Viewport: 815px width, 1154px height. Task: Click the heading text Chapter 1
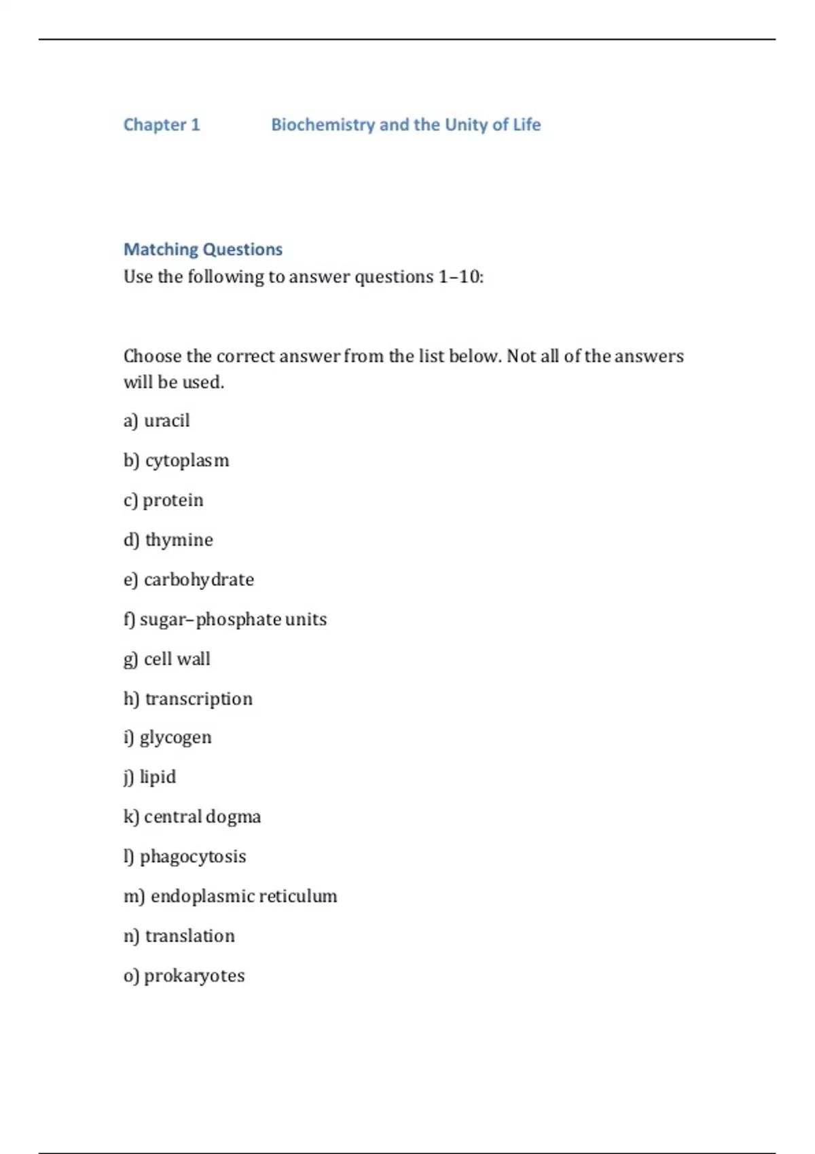coord(162,125)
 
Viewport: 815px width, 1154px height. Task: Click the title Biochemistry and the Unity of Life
coord(405,125)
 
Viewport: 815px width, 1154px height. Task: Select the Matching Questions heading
coord(202,249)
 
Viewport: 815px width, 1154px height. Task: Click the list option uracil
coord(166,421)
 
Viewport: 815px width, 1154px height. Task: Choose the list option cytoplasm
coord(187,461)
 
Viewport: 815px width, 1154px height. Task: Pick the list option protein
coord(173,500)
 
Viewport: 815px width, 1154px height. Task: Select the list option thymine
coord(179,540)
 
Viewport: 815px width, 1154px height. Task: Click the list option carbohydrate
coord(198,580)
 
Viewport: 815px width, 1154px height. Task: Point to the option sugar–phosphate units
coord(233,620)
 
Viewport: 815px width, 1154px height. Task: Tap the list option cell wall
coord(177,659)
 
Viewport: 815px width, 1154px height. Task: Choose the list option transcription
coord(198,699)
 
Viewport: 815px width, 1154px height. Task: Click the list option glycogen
coord(175,738)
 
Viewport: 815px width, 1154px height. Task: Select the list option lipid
coord(158,777)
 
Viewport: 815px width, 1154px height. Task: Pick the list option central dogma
coord(202,817)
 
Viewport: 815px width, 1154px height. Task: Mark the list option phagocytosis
coord(193,857)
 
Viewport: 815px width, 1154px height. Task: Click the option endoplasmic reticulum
coord(243,896)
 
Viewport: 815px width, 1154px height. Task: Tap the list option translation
coord(189,936)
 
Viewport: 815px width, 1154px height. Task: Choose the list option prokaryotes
coord(194,975)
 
